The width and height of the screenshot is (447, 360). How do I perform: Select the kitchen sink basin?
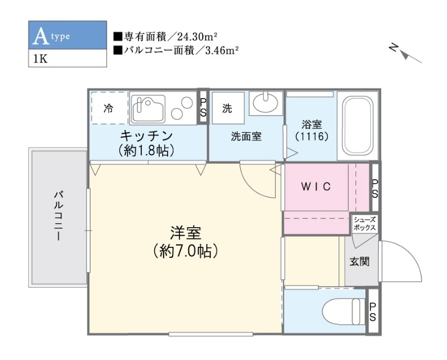click(x=148, y=107)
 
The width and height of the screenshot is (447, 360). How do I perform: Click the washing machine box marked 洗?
click(x=227, y=108)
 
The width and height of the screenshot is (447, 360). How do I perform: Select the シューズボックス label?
click(x=365, y=224)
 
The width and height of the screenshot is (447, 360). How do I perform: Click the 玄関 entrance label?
click(x=359, y=261)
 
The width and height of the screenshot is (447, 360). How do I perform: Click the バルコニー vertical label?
click(x=58, y=215)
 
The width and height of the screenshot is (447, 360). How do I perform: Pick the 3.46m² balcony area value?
click(x=220, y=51)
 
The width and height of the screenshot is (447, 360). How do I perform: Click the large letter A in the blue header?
click(x=40, y=36)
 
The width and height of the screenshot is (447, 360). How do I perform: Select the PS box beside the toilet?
click(x=373, y=311)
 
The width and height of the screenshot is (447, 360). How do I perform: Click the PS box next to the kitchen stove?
click(x=203, y=108)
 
